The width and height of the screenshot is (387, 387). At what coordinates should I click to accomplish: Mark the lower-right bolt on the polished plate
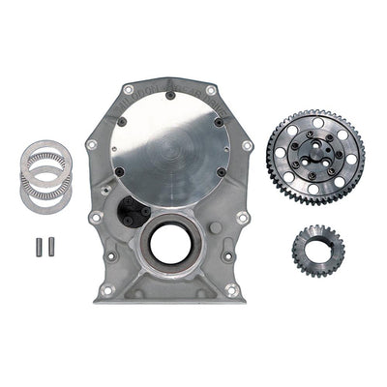coord(221,175)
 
